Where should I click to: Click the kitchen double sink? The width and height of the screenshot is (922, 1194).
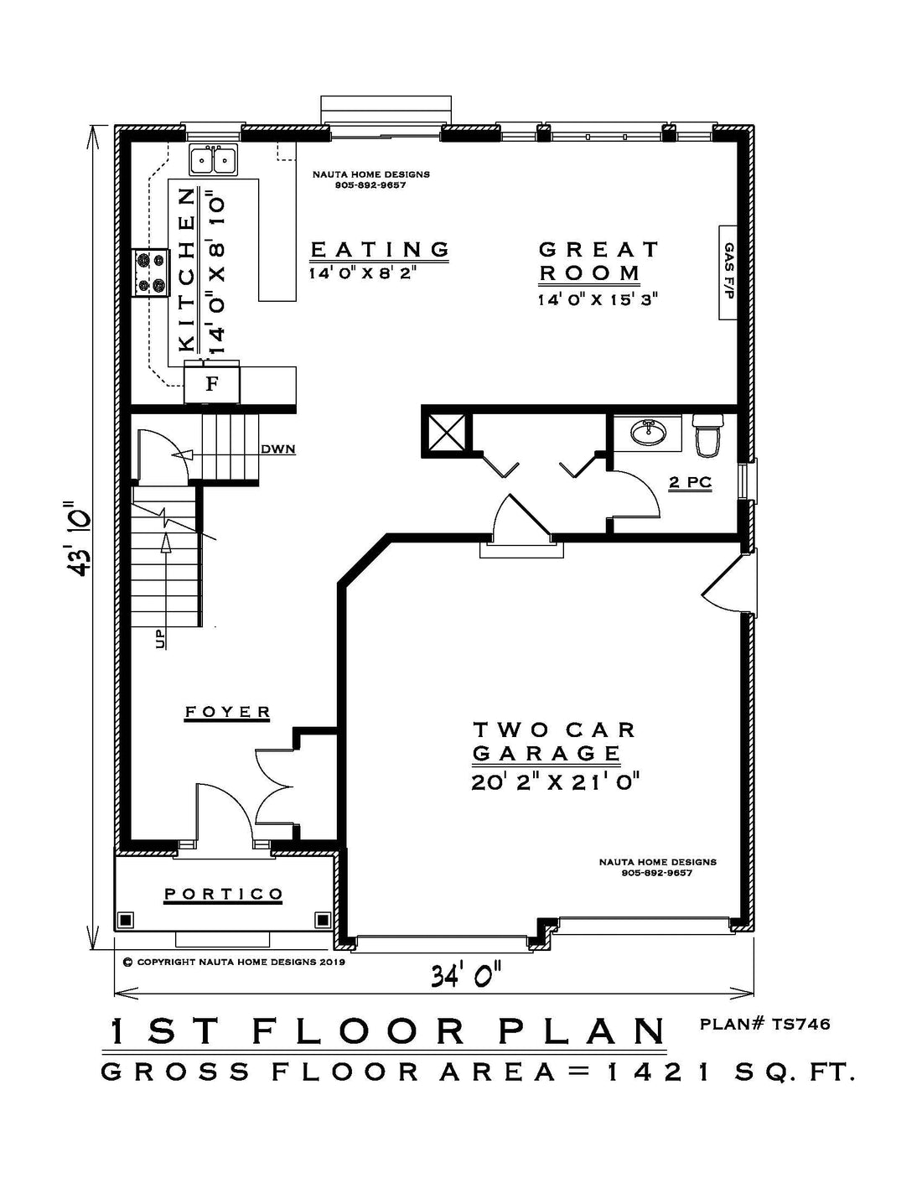coord(214,160)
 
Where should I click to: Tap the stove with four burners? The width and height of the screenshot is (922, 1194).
coord(150,273)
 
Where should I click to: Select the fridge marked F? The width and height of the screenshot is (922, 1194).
coord(212,383)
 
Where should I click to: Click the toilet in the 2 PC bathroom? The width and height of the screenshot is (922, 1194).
coord(707,435)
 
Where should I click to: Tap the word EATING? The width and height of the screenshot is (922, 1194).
coord(380,250)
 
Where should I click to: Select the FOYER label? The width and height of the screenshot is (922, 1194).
coord(227,712)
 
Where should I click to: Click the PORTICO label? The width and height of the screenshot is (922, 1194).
coord(224,894)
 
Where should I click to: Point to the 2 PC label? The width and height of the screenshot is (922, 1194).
coord(690,482)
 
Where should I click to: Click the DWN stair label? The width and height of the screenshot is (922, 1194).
coord(278,449)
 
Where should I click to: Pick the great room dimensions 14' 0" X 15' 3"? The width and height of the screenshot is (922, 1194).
coord(598,299)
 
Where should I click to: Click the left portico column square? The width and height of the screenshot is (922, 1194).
coord(127,919)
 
